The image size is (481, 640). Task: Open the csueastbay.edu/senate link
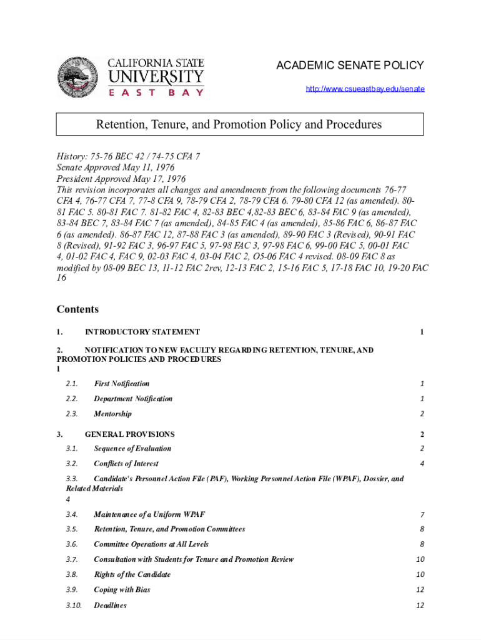(x=365, y=89)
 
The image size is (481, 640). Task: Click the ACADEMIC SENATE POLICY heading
(x=350, y=65)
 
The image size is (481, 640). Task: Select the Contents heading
(x=77, y=309)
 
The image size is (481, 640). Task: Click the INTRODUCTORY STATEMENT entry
(x=142, y=332)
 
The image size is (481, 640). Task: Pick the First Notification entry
(x=122, y=384)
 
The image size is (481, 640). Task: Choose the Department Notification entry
(x=133, y=399)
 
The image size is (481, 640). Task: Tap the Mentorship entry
(x=112, y=414)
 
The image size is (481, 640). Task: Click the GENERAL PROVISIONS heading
(x=129, y=434)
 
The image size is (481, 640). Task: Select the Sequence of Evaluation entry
(x=132, y=449)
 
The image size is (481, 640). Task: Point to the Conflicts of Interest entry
(x=126, y=464)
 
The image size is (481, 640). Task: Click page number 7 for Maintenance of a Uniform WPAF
(x=422, y=514)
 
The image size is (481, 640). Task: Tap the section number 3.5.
(x=71, y=529)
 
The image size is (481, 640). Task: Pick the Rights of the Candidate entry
(x=132, y=574)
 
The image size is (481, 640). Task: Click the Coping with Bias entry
(x=122, y=590)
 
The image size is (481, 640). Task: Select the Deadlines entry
(x=110, y=605)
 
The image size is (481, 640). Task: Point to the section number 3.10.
(x=73, y=605)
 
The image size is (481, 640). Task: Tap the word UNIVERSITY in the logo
(x=156, y=78)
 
